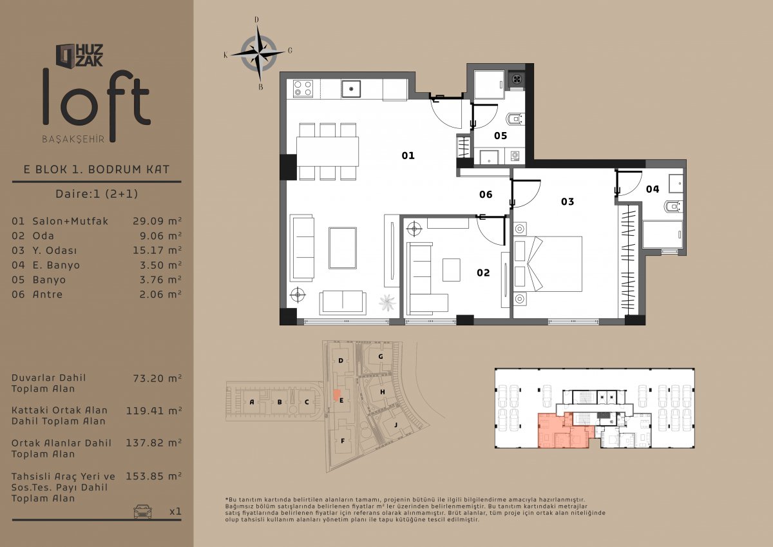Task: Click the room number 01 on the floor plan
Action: pos(408,156)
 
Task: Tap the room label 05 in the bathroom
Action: pos(501,136)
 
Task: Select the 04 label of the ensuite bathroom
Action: pos(652,189)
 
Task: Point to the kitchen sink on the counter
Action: pos(351,89)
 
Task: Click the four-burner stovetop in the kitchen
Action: pos(303,88)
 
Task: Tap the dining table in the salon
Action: pos(327,152)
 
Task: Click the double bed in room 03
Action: pos(548,264)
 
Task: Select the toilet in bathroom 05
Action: pos(515,119)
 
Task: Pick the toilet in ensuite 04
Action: pos(673,207)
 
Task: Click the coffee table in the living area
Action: pos(343,248)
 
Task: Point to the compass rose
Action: pos(258,53)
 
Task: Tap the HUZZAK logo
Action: pos(79,55)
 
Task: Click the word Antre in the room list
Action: pos(48,294)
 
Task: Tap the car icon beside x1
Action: pos(142,511)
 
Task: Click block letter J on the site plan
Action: pos(396,425)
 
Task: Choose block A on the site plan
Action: pos(252,402)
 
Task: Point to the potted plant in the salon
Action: pos(387,303)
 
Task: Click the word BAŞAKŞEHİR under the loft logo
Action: pos(73,139)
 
